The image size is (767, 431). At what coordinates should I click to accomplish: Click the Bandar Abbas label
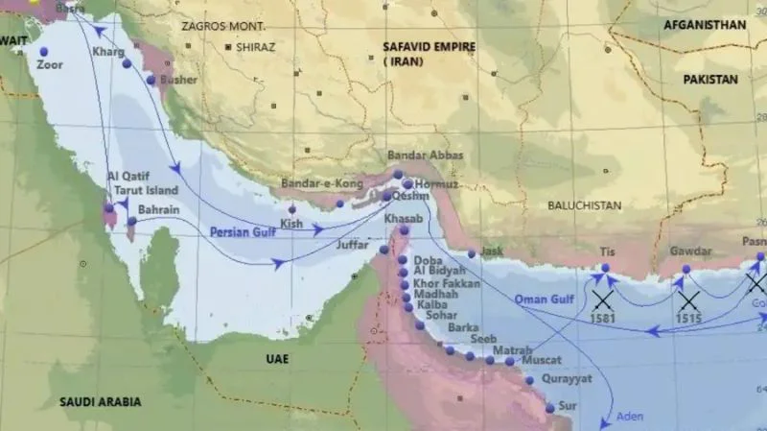tap(425, 156)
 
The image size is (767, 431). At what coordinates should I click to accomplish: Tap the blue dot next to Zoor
tap(43, 51)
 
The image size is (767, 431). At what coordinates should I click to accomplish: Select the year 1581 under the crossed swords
tap(602, 318)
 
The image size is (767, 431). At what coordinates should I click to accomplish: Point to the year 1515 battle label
tap(686, 318)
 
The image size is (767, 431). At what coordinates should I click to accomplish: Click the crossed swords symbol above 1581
tap(602, 299)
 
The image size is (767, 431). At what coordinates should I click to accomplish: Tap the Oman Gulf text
tap(544, 299)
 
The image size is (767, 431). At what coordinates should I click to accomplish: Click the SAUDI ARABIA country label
tap(100, 401)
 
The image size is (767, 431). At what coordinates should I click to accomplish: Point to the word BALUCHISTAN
tap(584, 205)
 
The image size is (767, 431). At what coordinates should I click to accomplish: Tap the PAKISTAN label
tap(710, 80)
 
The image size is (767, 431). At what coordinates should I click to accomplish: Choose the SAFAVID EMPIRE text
tap(426, 46)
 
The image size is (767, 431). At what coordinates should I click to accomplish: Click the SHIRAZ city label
tap(255, 46)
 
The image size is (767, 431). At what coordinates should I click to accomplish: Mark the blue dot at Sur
tap(549, 407)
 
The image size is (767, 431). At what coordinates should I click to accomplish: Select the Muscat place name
tap(543, 362)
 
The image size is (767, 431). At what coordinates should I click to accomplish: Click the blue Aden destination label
tap(629, 416)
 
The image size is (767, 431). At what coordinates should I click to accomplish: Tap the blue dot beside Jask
tap(471, 254)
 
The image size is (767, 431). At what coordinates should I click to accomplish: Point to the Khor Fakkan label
tap(442, 284)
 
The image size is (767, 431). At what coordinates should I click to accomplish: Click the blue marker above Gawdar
tap(686, 270)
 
